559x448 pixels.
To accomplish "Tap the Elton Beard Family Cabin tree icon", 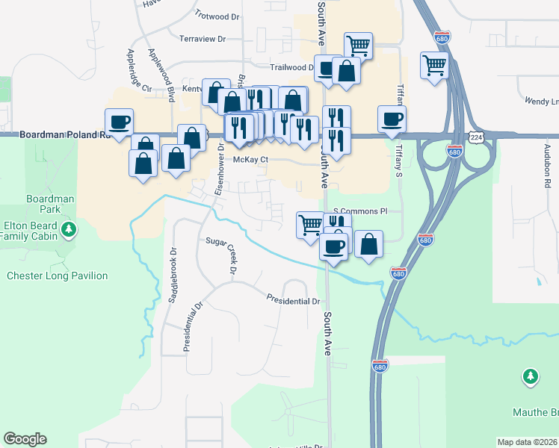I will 70,228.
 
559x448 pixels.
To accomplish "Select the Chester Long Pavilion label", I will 57,276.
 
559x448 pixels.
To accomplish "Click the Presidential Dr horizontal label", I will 294,301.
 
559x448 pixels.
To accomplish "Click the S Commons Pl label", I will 361,211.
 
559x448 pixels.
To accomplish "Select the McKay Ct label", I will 250,159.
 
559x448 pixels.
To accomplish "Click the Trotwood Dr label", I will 217,15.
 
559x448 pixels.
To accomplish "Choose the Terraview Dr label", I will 203,38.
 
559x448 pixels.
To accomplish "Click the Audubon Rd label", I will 547,172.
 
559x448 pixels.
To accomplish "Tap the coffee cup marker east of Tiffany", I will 392,118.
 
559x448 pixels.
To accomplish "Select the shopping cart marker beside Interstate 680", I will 433,64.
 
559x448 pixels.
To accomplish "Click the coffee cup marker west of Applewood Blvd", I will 120,121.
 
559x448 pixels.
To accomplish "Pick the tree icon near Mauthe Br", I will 531,376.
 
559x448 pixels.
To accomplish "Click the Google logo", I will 25,439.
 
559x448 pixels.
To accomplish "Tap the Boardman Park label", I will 50,204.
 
